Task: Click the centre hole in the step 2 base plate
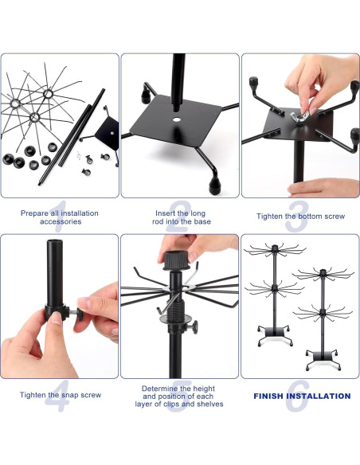(x=175, y=120)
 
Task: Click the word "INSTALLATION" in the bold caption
(x=322, y=396)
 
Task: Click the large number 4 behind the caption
(x=57, y=398)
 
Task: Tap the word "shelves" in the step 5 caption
(x=209, y=404)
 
